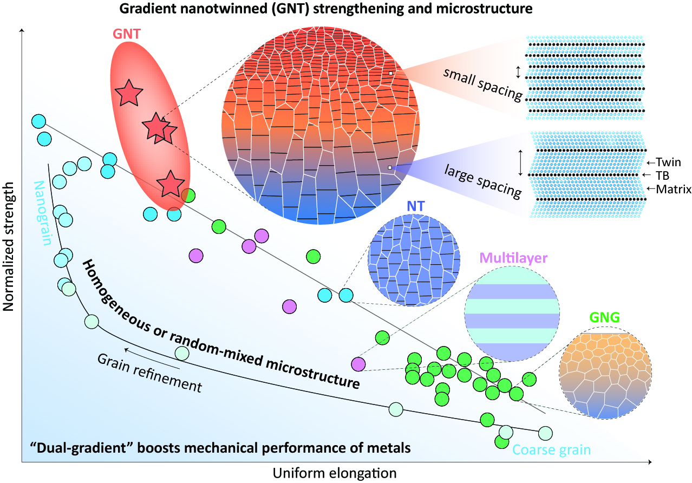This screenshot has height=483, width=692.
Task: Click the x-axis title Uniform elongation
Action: pyautogui.click(x=335, y=473)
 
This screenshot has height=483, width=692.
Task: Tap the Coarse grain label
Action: pyautogui.click(x=551, y=449)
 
